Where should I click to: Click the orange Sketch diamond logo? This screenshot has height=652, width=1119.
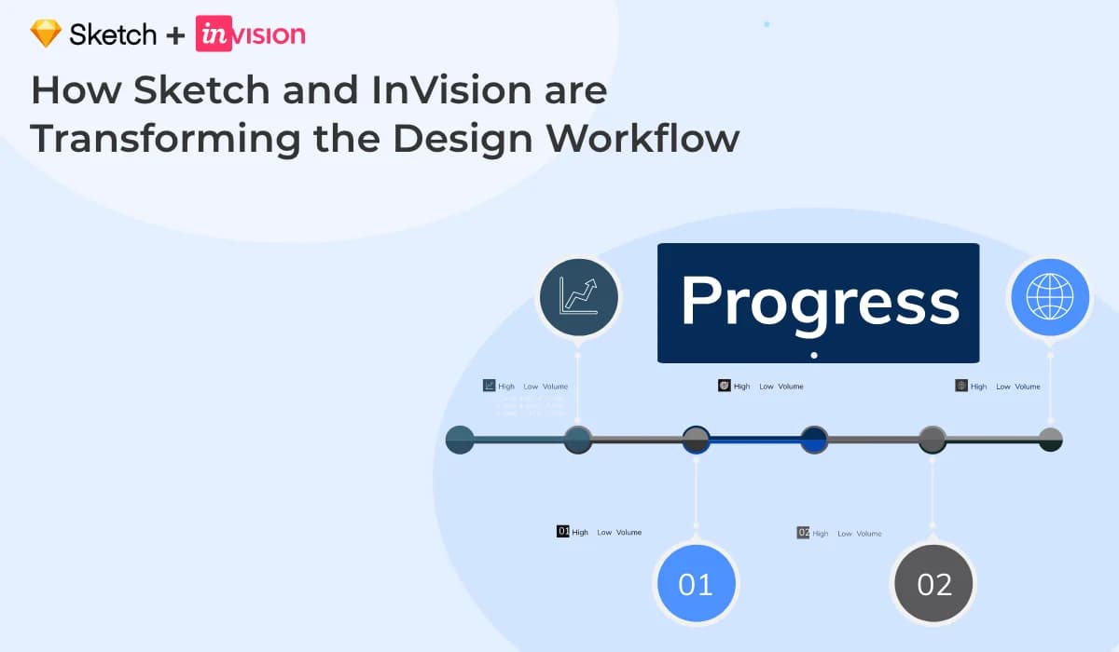coord(45,34)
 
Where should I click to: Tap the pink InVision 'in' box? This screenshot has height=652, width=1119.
coord(213,34)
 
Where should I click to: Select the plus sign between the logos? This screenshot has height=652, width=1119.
coord(175,35)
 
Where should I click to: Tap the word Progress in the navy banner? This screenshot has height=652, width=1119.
coord(819,301)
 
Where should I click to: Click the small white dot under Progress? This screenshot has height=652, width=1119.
coord(814,355)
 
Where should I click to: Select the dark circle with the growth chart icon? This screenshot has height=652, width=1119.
coord(579,297)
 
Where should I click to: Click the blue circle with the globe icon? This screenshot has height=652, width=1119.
coord(1050,297)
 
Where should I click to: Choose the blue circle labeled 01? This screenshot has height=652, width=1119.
coord(696,584)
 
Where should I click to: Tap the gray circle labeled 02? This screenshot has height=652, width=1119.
coord(933,584)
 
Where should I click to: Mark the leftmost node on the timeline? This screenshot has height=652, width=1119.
coord(461,440)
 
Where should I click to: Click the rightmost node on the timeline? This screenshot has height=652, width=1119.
coord(1050,440)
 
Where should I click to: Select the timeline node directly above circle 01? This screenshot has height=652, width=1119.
coord(696,440)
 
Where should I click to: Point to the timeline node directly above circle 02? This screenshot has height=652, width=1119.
coord(932,440)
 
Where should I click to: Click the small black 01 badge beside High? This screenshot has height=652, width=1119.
coord(562,531)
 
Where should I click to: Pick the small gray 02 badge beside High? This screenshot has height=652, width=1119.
coord(803,532)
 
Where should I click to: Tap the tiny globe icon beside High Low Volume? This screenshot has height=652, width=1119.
coord(961,385)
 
